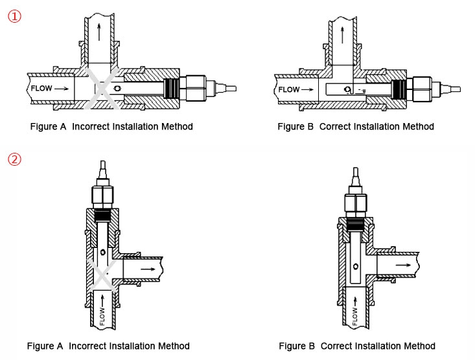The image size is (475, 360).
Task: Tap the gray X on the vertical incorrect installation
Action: tap(102, 271)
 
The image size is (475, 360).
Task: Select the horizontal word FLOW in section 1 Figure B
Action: tap(289, 89)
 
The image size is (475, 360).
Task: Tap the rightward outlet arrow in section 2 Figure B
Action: tap(402, 265)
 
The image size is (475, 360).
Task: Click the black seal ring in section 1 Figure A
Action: tap(172, 87)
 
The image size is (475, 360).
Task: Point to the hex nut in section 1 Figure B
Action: tap(421, 88)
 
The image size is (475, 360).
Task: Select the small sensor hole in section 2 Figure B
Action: tap(355, 266)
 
